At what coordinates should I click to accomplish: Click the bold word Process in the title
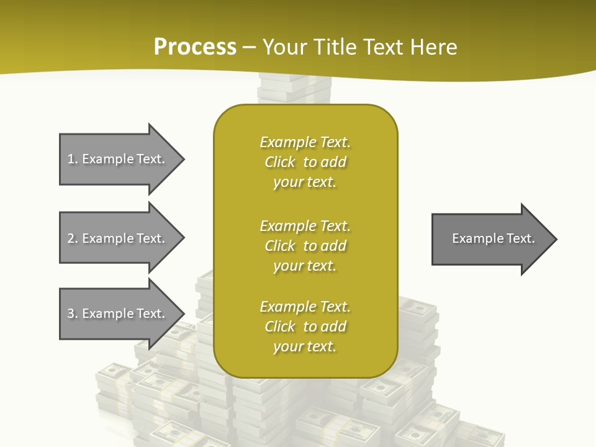[195, 47]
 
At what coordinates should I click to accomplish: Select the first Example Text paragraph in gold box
[305, 162]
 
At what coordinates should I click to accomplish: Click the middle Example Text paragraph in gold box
[305, 246]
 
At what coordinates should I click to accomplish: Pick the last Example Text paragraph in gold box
[305, 327]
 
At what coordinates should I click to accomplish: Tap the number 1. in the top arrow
[73, 159]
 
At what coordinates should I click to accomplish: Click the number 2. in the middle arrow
[73, 238]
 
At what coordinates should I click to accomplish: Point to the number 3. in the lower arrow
[73, 314]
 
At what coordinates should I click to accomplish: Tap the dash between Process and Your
[250, 47]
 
